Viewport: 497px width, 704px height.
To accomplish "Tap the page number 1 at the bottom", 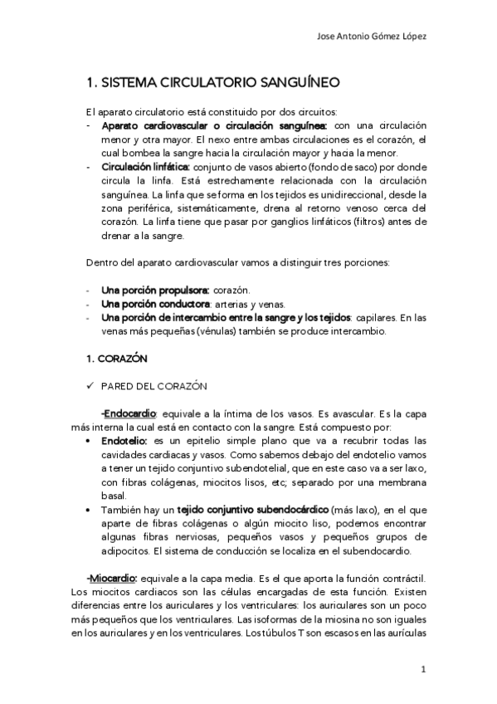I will tap(423, 668).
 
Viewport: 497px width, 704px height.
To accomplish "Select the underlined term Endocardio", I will tap(131, 413).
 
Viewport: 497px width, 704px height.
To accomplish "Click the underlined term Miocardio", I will tap(112, 576).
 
